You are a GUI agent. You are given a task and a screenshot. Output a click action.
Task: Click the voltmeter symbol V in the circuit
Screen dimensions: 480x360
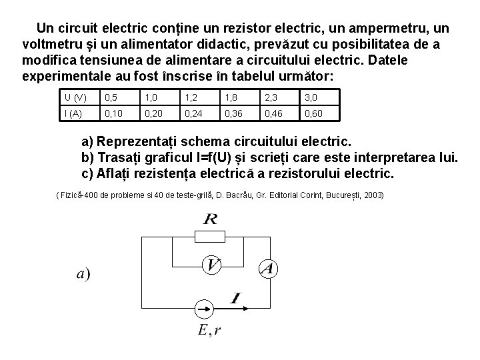pyautogui.click(x=211, y=265)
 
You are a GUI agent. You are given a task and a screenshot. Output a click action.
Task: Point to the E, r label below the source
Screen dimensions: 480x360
pyautogui.click(x=210, y=331)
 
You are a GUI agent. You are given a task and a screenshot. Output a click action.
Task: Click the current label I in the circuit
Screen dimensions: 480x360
pyautogui.click(x=235, y=297)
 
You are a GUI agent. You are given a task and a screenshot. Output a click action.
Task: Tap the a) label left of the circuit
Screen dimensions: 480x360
pyautogui.click(x=83, y=273)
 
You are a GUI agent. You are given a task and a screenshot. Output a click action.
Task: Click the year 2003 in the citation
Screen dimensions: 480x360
pyautogui.click(x=371, y=195)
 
